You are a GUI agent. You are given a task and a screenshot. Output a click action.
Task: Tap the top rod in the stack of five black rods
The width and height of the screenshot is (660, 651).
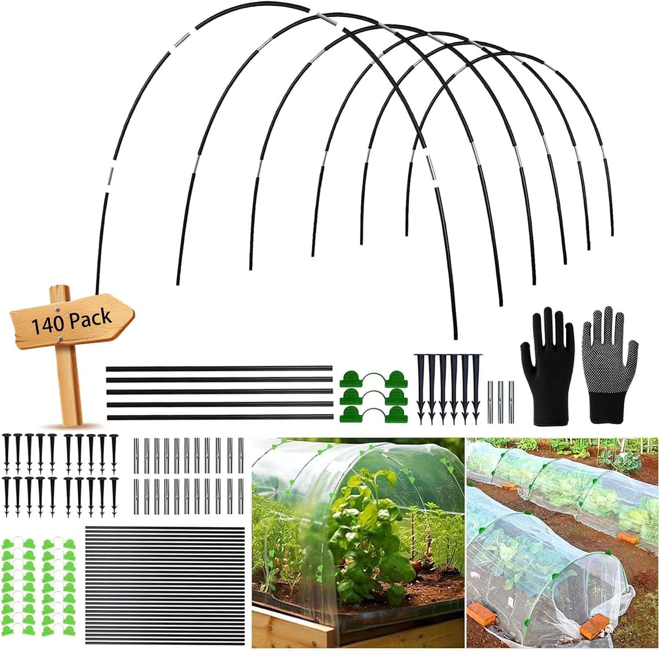[x=219, y=368]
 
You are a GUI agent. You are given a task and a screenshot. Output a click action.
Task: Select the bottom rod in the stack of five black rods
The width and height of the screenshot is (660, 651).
[x=219, y=416]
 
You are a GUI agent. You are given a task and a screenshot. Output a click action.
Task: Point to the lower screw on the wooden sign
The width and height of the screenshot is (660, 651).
[x=59, y=338]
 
